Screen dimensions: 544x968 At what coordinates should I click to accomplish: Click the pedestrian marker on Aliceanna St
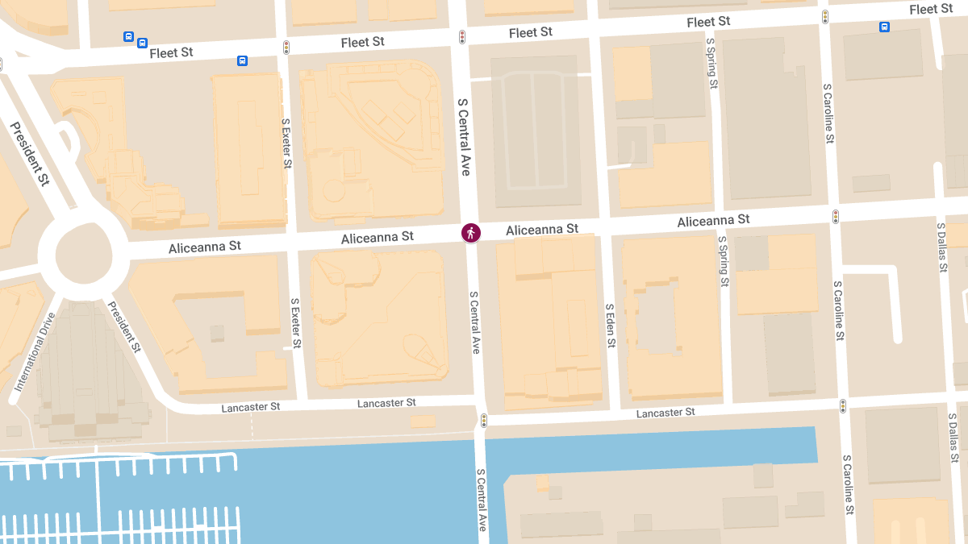[x=471, y=233]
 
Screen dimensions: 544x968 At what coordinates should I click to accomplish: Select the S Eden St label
[x=611, y=326]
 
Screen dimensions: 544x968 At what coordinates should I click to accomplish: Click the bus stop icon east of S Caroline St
[x=884, y=27]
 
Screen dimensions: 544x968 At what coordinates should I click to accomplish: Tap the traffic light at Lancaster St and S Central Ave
[x=484, y=420]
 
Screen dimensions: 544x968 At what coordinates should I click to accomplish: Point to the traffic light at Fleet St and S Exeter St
[x=286, y=48]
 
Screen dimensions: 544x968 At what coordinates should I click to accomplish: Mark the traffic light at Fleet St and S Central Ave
[x=462, y=37]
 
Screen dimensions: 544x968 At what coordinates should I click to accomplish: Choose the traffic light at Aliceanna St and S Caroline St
[x=836, y=216]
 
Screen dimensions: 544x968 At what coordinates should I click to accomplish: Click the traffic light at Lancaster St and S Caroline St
[x=843, y=406]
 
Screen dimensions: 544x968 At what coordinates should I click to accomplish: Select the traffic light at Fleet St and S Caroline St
[x=825, y=17]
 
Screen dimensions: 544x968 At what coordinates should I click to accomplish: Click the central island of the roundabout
[x=82, y=255]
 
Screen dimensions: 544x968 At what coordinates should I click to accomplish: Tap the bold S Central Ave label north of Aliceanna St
[x=464, y=137]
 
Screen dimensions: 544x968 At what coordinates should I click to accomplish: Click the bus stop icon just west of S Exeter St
[x=242, y=60]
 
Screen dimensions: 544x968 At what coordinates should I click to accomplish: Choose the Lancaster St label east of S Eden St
[x=665, y=413]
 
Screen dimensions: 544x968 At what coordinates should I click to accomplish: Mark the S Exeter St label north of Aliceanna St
[x=286, y=143]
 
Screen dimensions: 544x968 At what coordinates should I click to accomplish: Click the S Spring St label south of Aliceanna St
[x=724, y=261]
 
